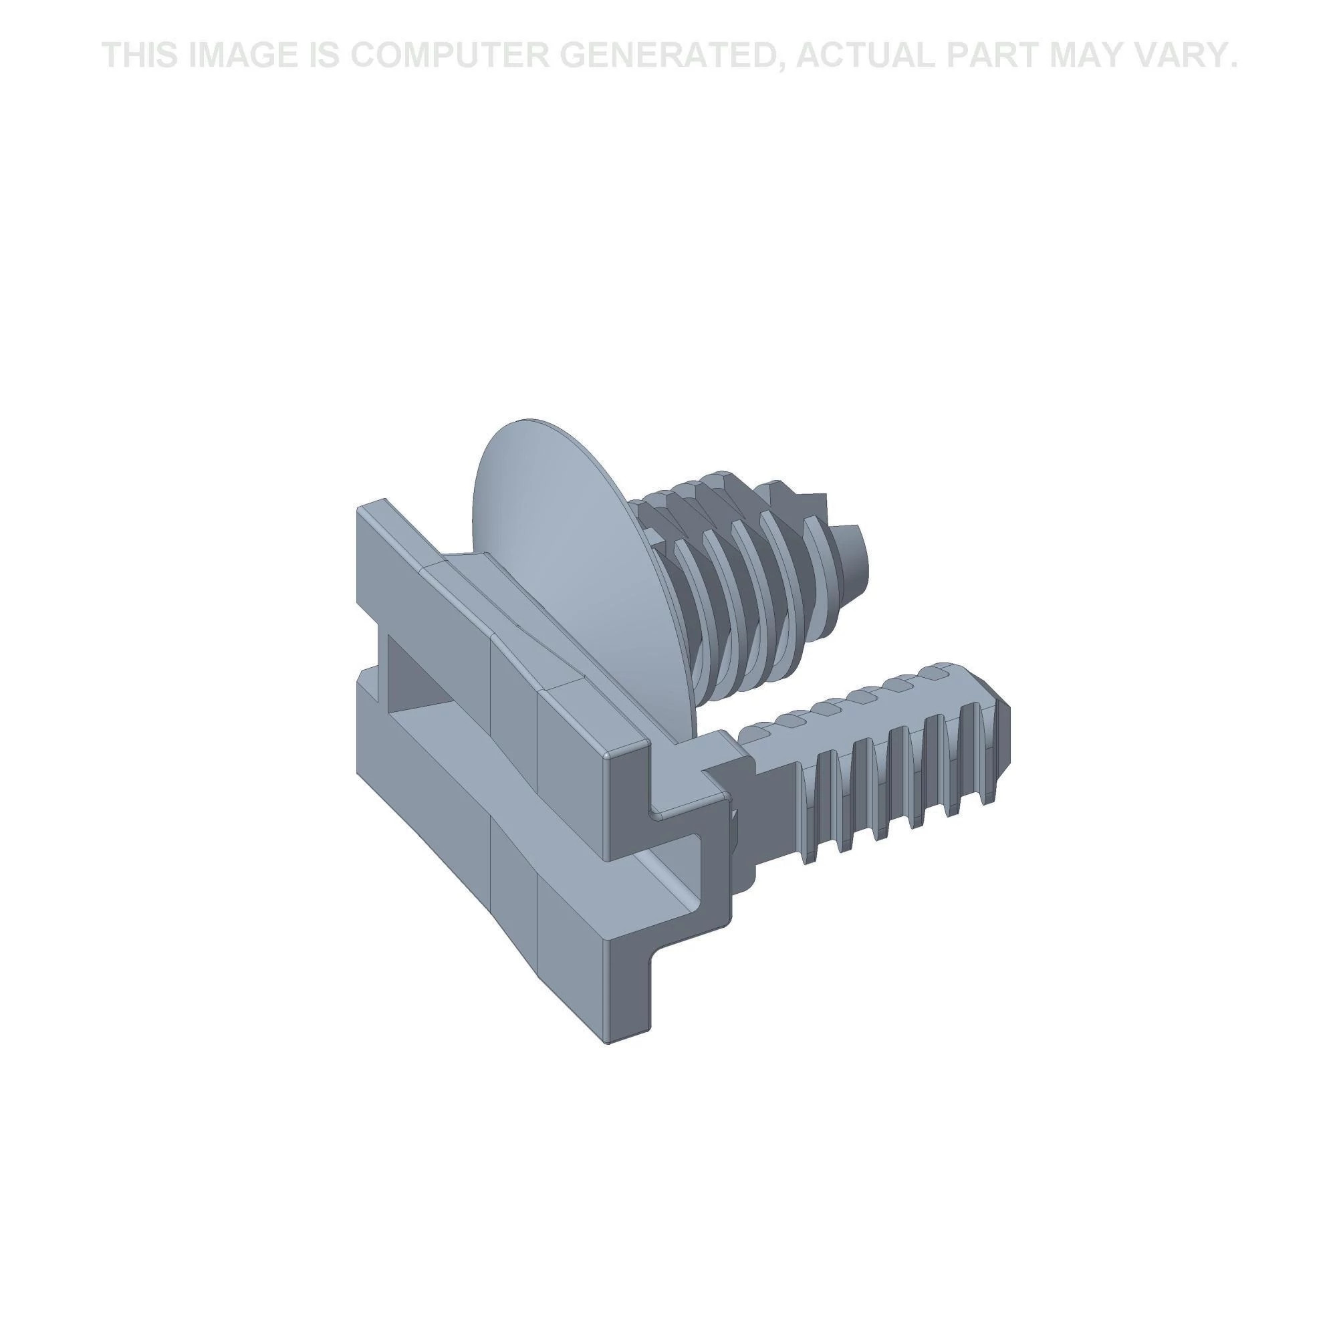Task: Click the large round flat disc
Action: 568,554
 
